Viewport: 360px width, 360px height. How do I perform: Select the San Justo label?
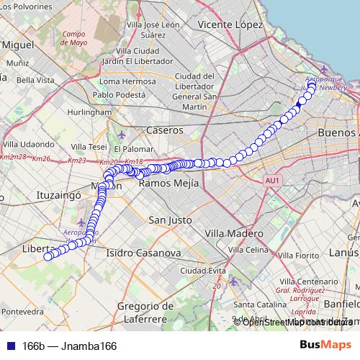(x=169, y=219)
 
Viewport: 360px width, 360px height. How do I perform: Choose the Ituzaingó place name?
(x=57, y=195)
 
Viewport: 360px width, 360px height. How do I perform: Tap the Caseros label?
(x=165, y=130)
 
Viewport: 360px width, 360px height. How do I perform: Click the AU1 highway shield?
(x=271, y=180)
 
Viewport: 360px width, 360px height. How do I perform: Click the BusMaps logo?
(x=325, y=346)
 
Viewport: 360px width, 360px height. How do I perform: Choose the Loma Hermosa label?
(x=127, y=81)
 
